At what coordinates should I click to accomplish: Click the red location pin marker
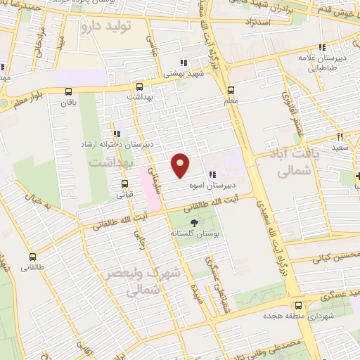tap(181, 165)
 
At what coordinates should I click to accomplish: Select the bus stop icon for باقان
tap(69, 91)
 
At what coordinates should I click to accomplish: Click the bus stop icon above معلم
tap(230, 90)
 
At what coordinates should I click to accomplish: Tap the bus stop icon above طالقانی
tap(32, 257)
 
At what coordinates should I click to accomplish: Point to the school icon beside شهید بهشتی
tap(184, 63)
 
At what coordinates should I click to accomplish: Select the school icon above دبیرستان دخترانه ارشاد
tap(116, 134)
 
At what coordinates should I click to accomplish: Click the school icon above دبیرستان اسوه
tap(212, 176)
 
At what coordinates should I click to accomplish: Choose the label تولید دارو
tap(107, 27)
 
